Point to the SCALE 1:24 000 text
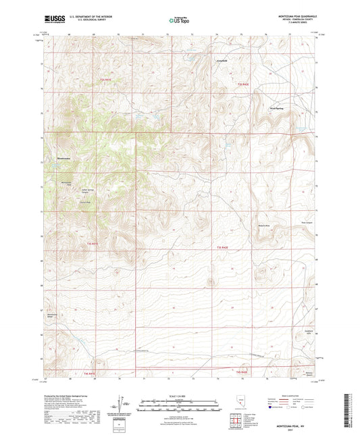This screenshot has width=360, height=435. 180,395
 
